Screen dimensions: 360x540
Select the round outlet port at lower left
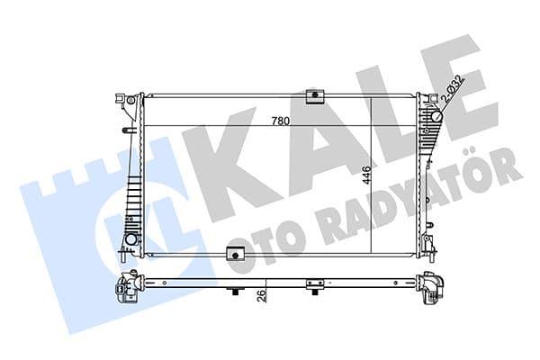(131, 241)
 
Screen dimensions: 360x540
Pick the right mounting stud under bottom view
(313, 290)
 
